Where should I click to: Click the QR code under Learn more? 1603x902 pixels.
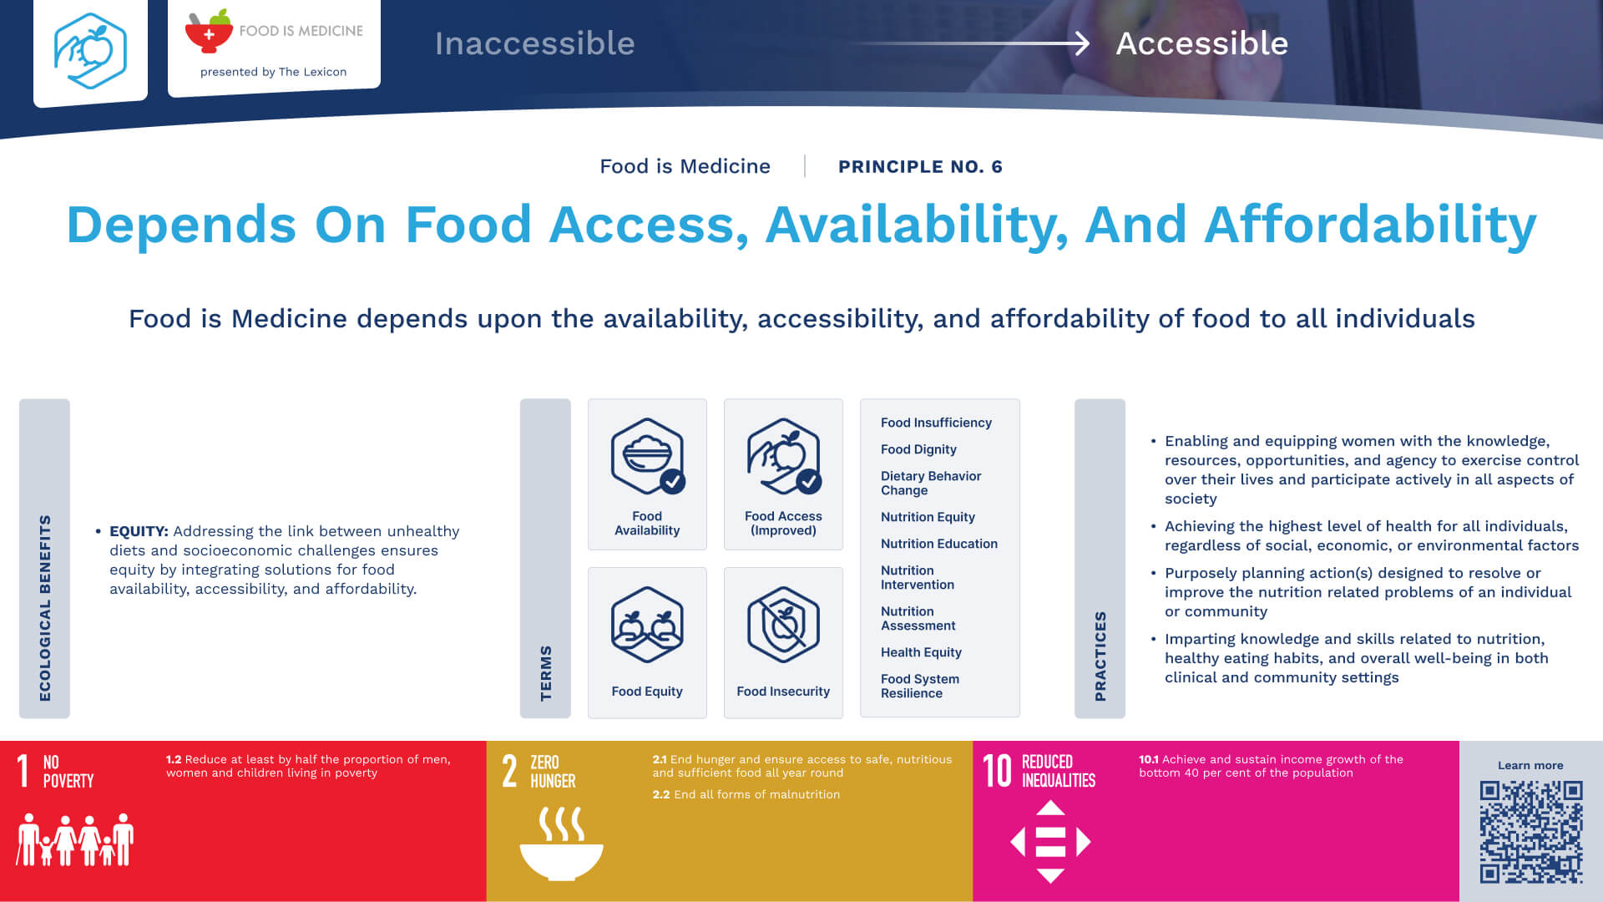(x=1531, y=832)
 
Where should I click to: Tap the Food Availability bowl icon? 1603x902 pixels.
(x=648, y=456)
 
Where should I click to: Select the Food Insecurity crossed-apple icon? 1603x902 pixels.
(x=783, y=625)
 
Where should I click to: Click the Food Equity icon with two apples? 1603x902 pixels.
(x=647, y=625)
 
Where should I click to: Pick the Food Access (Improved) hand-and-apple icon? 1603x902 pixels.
(x=784, y=456)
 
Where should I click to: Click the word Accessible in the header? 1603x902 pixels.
(x=1202, y=43)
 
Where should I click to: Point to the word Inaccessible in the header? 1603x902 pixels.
(x=534, y=43)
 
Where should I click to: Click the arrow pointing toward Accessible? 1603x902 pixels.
(x=968, y=43)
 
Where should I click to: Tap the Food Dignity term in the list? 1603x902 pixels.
(x=918, y=449)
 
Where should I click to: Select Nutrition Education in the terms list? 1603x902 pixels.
(x=939, y=544)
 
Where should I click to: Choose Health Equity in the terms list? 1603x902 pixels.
(x=921, y=652)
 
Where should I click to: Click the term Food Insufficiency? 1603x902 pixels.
(x=936, y=423)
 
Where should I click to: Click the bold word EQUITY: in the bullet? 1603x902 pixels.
(x=139, y=531)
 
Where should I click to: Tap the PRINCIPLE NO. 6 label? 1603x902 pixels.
(x=920, y=166)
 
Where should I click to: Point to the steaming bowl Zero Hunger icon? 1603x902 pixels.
(x=561, y=843)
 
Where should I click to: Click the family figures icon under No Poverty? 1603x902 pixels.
(x=75, y=839)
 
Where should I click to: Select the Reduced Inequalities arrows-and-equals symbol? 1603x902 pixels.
(x=1050, y=842)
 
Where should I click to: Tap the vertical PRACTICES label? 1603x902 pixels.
(x=1100, y=656)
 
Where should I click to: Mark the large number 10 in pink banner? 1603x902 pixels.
(x=997, y=771)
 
